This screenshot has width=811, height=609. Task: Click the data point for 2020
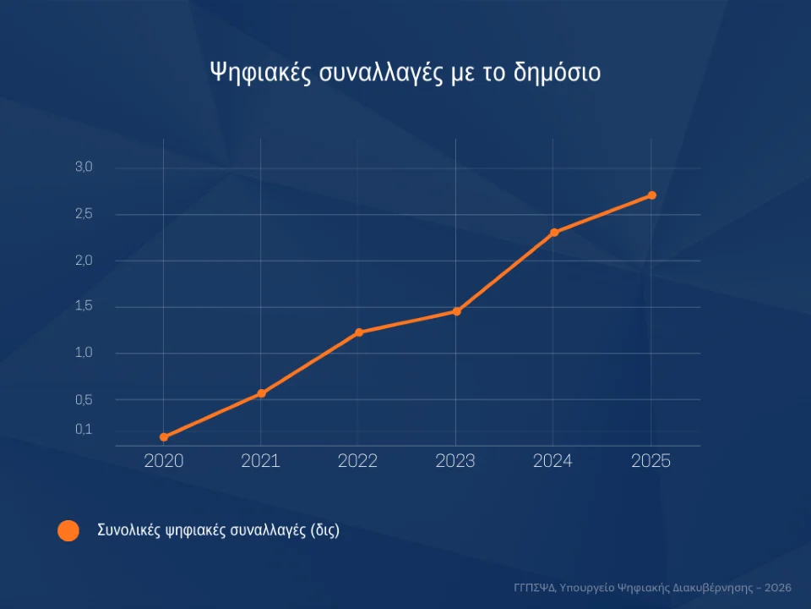coord(164,437)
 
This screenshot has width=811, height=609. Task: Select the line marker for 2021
coord(262,393)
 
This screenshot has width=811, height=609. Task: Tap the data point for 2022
coord(359,332)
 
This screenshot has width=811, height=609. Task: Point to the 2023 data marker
coord(456,311)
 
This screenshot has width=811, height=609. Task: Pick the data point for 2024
coord(554,233)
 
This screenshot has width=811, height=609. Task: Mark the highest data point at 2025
coord(651,195)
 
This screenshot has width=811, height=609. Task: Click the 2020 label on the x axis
coord(164,461)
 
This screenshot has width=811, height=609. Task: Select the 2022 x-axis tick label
coord(358,461)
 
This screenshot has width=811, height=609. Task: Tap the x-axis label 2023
coord(455,461)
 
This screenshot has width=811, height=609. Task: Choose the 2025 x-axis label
coord(651,461)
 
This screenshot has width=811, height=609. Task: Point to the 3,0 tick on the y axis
coord(84,167)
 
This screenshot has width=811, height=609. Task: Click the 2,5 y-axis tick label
coord(84,214)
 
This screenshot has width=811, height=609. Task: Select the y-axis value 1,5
coord(84,306)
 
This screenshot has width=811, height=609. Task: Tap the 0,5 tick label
coord(84,399)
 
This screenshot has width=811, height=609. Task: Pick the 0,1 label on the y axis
coord(84,430)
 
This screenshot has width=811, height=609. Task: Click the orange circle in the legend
coord(68,531)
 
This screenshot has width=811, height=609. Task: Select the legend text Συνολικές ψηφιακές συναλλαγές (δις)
coord(218,531)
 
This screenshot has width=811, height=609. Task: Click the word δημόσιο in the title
coord(557,73)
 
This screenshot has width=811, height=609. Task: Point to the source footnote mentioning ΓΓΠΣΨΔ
coord(652,586)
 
